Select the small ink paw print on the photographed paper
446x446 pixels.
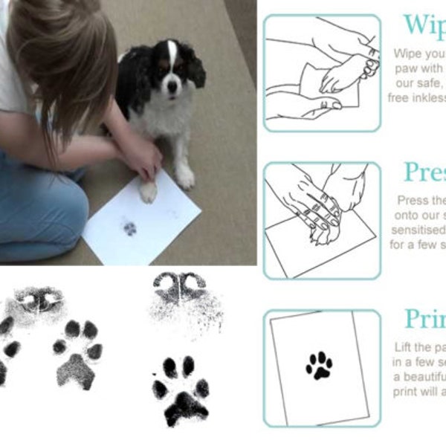point(130,228)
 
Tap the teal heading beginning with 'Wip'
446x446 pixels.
point(424,25)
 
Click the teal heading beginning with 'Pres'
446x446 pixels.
point(424,172)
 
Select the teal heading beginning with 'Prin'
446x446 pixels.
point(424,319)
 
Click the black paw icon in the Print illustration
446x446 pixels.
point(320,364)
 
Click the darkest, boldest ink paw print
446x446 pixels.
point(181,389)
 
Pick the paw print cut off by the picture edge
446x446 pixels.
point(7,349)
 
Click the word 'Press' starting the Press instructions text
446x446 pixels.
point(413,201)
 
